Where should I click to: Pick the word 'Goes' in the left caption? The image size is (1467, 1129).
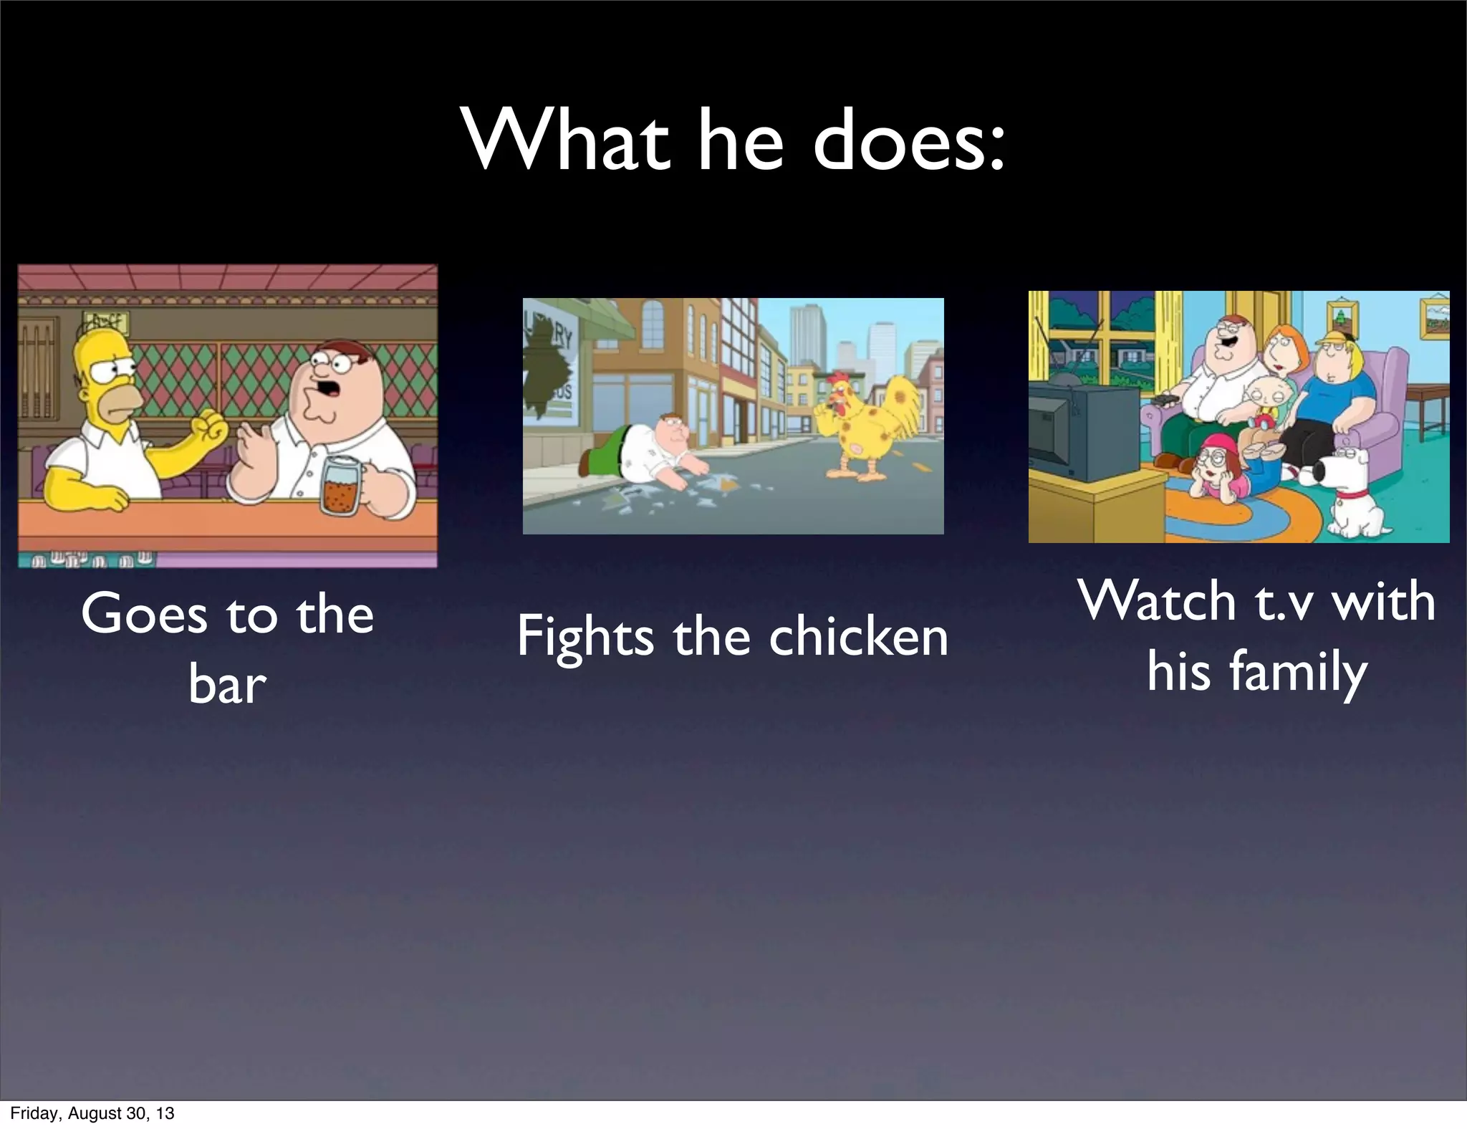click(x=143, y=615)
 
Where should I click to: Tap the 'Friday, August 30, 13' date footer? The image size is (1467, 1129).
click(x=92, y=1113)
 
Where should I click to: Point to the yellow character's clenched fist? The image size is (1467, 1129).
click(x=211, y=428)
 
